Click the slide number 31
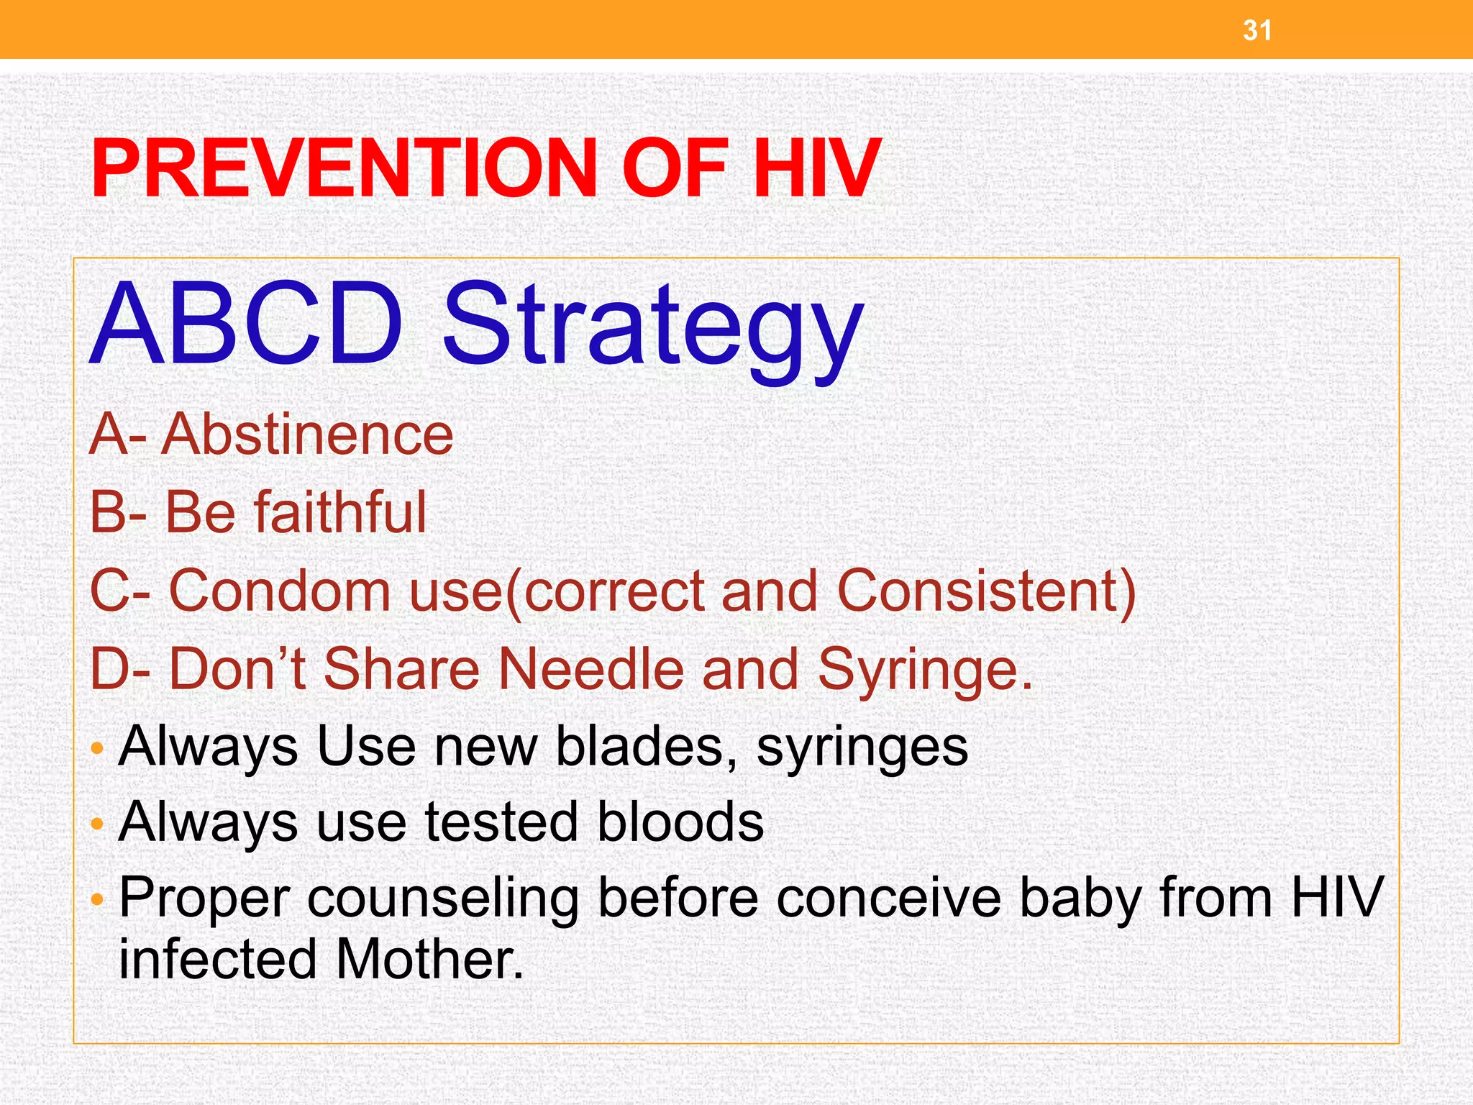(1257, 30)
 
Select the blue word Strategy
(652, 327)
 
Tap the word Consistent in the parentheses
(978, 591)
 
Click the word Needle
(590, 668)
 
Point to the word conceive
(888, 898)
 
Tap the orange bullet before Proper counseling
(98, 899)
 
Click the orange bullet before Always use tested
(98, 823)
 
